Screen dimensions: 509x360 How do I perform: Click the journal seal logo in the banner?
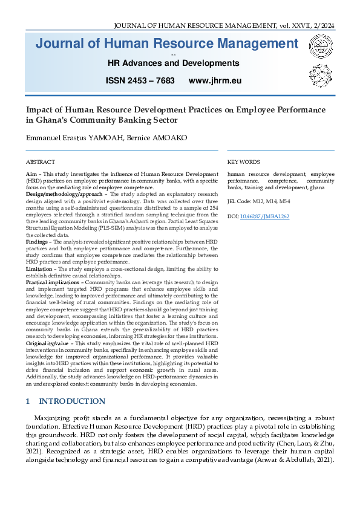[321, 47]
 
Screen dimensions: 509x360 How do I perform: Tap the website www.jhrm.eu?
[215, 80]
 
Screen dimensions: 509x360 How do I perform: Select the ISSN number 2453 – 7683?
[140, 80]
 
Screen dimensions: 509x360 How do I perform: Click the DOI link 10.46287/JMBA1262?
[264, 216]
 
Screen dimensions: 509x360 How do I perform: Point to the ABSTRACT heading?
[40, 162]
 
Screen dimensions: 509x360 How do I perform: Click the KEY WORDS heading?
[244, 162]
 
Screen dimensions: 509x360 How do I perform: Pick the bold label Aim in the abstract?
[31, 173]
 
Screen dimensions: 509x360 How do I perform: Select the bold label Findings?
[39, 240]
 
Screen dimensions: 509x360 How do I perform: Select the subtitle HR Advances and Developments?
[173, 63]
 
